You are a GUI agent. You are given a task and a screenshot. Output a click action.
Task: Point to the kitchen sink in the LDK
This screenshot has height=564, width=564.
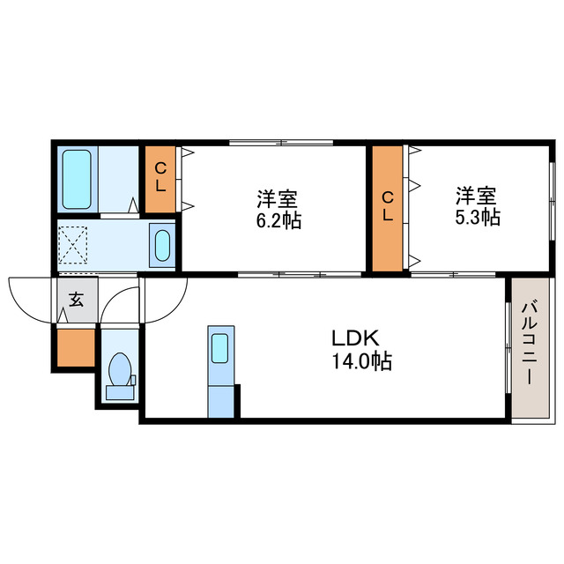219,347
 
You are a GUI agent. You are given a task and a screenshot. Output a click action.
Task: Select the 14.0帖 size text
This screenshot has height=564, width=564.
361,360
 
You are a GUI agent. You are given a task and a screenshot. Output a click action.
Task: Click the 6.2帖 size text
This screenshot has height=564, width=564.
278,220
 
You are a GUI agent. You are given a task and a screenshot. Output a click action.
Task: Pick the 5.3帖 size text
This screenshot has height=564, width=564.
477,215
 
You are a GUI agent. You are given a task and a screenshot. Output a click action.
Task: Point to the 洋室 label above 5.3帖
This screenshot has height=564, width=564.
477,193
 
